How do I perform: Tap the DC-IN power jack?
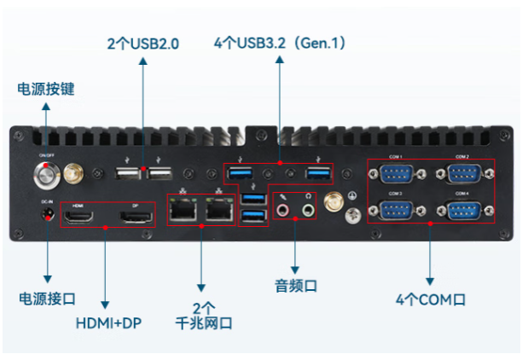47,213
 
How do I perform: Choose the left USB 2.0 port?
128,174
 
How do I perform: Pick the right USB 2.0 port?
160,174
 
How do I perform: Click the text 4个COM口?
431,299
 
